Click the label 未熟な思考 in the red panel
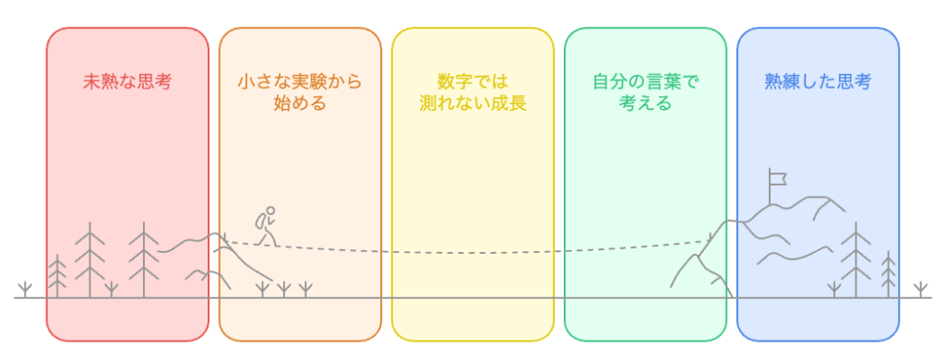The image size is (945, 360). tap(127, 81)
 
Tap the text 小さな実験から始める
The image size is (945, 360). tap(300, 91)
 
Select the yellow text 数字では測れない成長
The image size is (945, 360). tap(472, 91)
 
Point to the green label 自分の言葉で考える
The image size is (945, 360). tap(645, 91)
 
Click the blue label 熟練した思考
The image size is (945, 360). tap(818, 81)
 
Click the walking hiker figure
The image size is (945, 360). tap(267, 225)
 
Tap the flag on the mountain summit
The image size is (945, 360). tap(778, 175)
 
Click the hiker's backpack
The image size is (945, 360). tap(262, 222)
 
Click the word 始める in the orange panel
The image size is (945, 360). tap(300, 102)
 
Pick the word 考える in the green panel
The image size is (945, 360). tap(645, 102)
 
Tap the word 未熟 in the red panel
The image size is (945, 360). tap(101, 81)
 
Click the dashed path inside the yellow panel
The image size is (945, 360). tap(472, 251)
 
